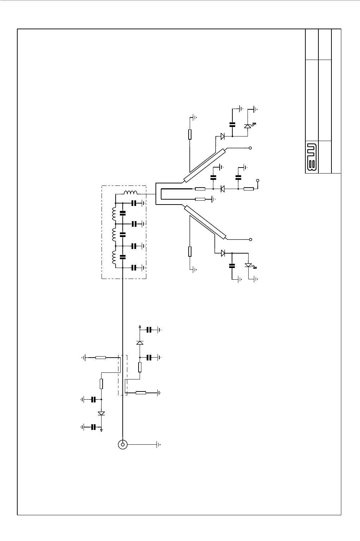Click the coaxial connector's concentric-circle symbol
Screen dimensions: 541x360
point(122,445)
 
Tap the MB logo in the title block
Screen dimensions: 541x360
point(311,157)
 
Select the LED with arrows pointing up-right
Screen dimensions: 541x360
point(248,126)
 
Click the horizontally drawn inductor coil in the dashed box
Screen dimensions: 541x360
point(130,193)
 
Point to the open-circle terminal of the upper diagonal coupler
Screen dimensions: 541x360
point(250,148)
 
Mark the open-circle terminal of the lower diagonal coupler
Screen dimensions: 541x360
point(250,239)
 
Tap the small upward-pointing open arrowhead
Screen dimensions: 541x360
point(140,327)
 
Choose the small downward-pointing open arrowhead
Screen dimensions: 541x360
point(102,430)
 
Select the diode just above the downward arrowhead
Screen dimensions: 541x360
point(102,413)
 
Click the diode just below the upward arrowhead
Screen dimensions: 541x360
point(140,342)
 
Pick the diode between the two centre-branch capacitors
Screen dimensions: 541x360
point(223,189)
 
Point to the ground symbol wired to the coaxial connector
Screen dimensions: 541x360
point(159,445)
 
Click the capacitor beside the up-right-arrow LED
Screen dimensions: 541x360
point(232,124)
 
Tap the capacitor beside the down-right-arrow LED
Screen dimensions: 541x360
point(232,266)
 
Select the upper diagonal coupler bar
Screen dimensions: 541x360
point(205,165)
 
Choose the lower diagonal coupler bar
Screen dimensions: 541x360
point(205,221)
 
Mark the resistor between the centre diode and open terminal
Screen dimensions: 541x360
point(249,189)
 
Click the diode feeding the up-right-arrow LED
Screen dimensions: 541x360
point(223,136)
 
